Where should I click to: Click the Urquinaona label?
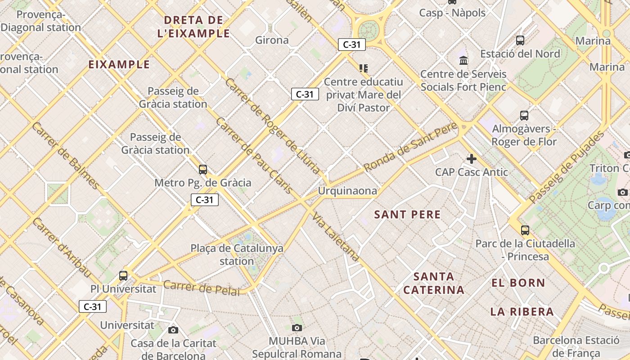point(347,191)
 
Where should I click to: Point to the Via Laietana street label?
point(336,237)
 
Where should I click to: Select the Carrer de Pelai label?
point(201,288)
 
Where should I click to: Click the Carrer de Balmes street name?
point(66,156)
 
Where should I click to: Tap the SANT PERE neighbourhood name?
point(407,215)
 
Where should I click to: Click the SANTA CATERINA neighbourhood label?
point(433,283)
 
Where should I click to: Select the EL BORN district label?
point(518,283)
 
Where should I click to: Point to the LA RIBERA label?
point(522,311)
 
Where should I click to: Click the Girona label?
point(272,40)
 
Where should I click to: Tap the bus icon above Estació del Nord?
point(520,40)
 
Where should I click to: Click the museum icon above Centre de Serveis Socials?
point(463,60)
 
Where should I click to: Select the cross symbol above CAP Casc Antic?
point(471,158)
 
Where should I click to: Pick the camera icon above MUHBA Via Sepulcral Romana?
point(297,328)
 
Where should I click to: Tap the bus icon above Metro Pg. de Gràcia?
point(203,170)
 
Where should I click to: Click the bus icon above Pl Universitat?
point(123,275)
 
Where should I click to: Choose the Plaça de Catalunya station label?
point(237,254)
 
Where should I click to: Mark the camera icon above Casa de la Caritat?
point(173,330)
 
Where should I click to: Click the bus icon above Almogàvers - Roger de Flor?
point(524,116)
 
